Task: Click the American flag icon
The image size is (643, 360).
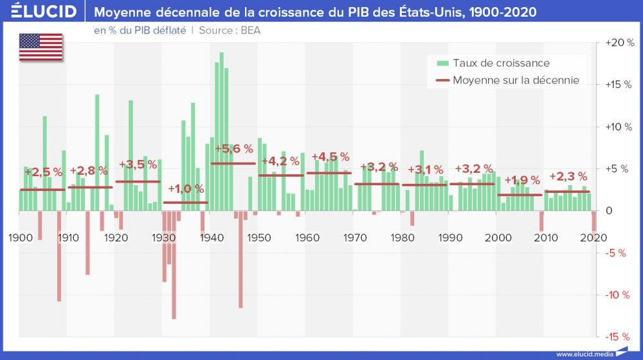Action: [x=41, y=47]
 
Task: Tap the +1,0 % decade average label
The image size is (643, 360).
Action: [x=186, y=189]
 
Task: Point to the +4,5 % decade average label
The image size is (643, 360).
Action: [x=330, y=157]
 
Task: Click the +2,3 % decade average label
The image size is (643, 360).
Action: [x=568, y=176]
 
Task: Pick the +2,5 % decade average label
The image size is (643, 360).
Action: [x=43, y=172]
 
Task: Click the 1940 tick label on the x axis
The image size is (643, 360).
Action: [x=210, y=238]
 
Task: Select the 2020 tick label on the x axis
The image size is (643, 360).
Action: [x=593, y=238]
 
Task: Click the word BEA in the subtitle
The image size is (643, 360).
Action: [x=250, y=30]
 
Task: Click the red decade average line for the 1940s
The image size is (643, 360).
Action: [x=233, y=163]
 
